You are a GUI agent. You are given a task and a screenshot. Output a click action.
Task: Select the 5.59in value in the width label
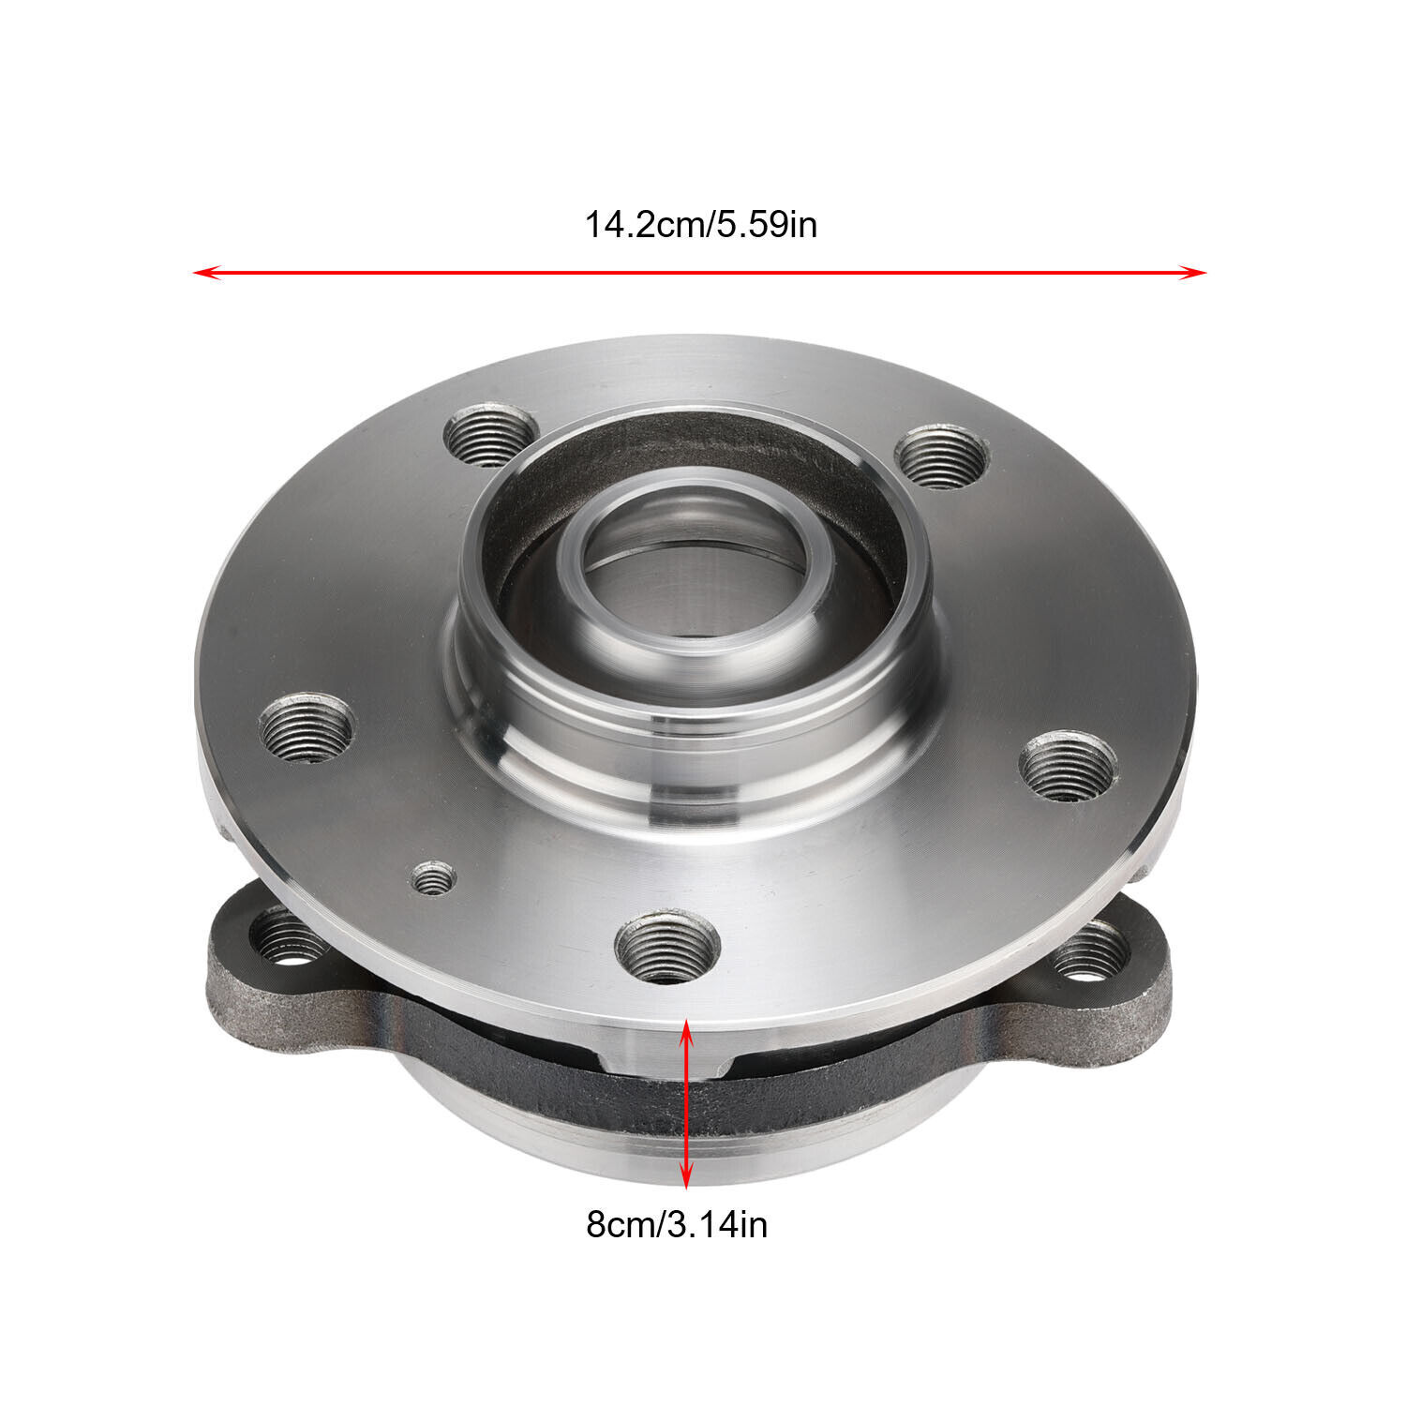pyautogui.click(x=768, y=226)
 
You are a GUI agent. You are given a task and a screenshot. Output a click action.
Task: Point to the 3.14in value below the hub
pyautogui.click(x=717, y=1225)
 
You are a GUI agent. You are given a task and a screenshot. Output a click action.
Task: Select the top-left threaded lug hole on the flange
pyautogui.click(x=488, y=435)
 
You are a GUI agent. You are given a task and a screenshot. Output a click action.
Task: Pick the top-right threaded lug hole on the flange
pyautogui.click(x=941, y=456)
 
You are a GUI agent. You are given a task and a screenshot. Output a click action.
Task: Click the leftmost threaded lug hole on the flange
pyautogui.click(x=306, y=727)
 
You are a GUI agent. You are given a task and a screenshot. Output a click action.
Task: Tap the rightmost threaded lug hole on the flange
pyautogui.click(x=1068, y=767)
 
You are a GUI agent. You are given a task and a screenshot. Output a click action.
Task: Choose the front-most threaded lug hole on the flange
pyautogui.click(x=667, y=947)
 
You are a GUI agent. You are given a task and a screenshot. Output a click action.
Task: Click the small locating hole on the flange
pyautogui.click(x=433, y=879)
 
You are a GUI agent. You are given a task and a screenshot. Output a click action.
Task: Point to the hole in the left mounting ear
pyautogui.click(x=289, y=940)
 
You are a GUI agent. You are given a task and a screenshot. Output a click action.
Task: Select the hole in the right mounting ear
pyautogui.click(x=1089, y=954)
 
